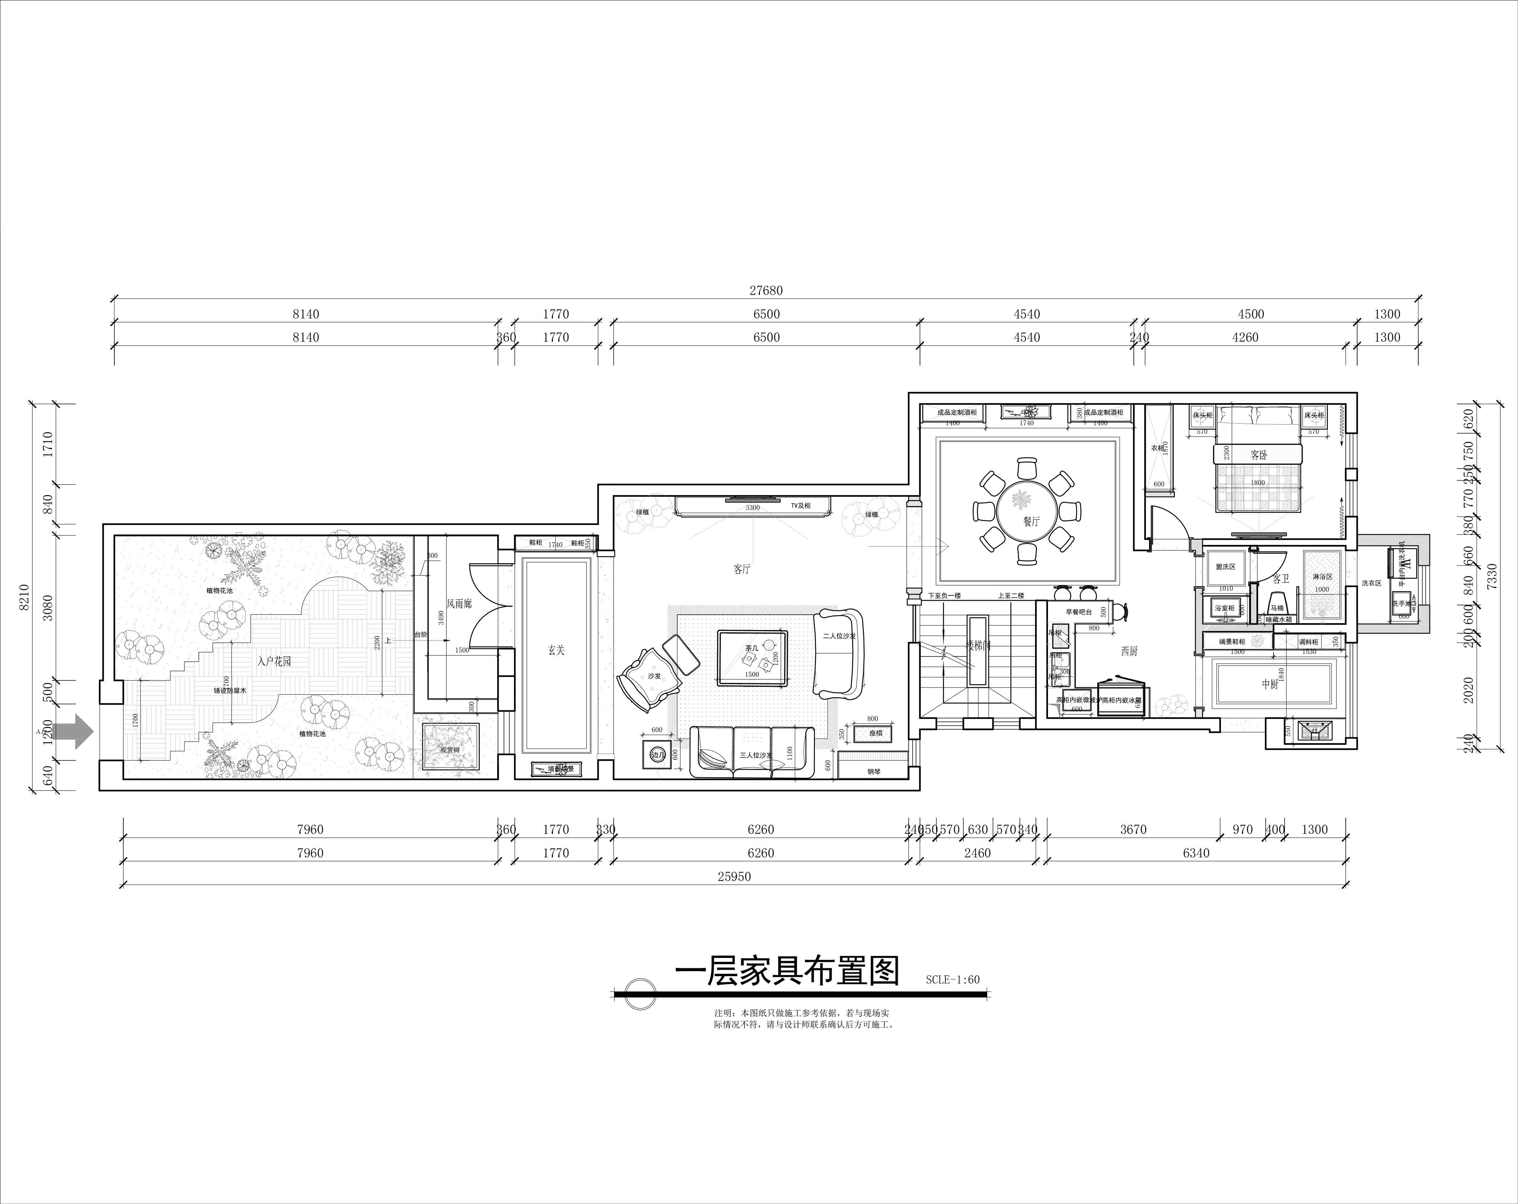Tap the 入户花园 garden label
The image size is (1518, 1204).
tap(274, 661)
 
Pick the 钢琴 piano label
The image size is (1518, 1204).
tap(874, 771)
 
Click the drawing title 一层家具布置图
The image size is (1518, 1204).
tap(787, 972)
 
